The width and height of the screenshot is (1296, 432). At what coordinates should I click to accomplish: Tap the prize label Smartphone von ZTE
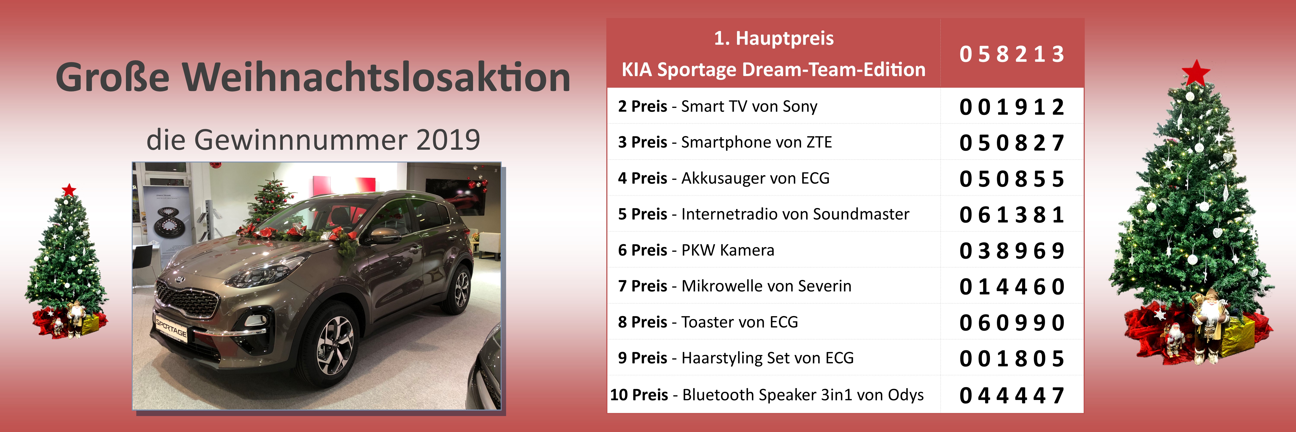756,142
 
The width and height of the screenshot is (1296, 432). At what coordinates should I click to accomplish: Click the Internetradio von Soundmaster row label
795,214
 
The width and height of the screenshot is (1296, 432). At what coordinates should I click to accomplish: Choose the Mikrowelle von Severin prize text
766,286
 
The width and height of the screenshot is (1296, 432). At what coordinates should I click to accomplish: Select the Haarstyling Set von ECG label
767,358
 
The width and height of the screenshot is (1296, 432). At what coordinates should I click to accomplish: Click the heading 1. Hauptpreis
774,38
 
